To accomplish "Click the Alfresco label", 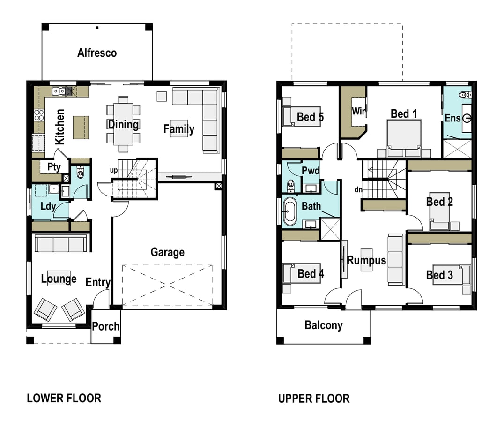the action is point(97,53).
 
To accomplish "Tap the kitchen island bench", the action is point(81,128).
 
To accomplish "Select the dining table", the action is point(124,124).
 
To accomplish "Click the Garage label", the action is point(168,252).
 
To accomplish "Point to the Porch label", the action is point(106,326).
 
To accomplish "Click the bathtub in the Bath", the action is point(289,211).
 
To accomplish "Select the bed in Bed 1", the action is point(404,138).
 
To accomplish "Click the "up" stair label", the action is point(113,171).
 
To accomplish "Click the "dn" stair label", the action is point(358,190).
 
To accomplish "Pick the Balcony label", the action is point(323,325).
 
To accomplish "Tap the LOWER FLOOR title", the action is point(64,398).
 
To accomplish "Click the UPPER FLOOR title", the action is point(314,399).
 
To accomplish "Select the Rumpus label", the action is point(366,260).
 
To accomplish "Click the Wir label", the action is point(359,111).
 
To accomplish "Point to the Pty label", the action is point(54,167).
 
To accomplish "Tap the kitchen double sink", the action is point(59,91).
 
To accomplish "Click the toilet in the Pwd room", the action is point(290,185).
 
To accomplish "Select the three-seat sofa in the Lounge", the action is point(60,243).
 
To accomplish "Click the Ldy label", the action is point(48,206).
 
